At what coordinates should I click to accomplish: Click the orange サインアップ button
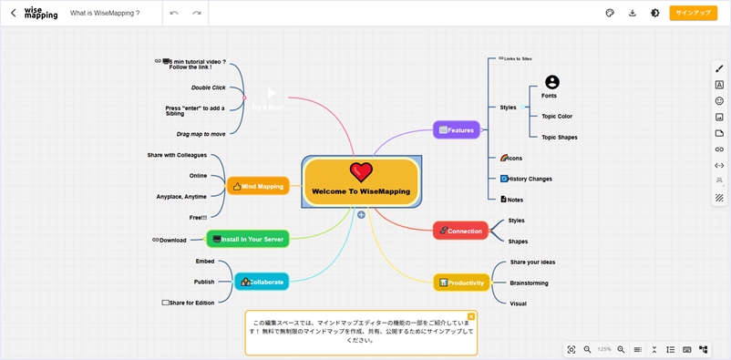coord(693,13)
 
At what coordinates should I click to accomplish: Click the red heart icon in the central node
coord(361,171)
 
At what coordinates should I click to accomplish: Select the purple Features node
coord(456,130)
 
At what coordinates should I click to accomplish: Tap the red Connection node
coord(460,231)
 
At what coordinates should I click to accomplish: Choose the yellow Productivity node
coord(461,283)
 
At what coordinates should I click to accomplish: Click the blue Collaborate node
coord(262,282)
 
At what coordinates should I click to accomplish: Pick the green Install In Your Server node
coord(248,239)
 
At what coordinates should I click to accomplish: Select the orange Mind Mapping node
coord(258,186)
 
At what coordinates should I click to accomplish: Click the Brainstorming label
coord(529,283)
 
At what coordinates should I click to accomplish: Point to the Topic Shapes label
coord(559,137)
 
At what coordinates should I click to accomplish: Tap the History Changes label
coord(530,179)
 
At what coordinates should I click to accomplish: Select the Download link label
coord(172,241)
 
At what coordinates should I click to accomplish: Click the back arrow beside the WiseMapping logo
coord(13,13)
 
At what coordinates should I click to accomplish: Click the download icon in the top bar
coord(633,13)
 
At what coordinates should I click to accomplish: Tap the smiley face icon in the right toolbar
coord(719,101)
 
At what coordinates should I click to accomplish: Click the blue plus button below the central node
coord(361,215)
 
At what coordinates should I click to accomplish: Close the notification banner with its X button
coord(471,316)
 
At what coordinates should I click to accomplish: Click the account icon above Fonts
coord(551,82)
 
